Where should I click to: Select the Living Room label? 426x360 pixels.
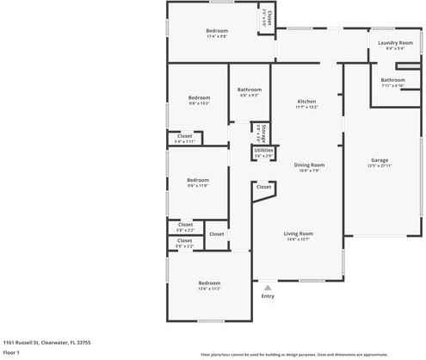coord(299,233)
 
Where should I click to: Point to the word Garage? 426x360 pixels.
coord(379,160)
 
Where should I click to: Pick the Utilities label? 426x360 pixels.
coord(263,151)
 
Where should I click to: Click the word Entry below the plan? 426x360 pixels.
coord(268,296)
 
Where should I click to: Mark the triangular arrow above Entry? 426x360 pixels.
coord(268,288)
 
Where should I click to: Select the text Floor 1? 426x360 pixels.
coord(12,352)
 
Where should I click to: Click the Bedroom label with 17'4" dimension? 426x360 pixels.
coord(216,31)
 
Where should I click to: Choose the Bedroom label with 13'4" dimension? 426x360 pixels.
coord(210,282)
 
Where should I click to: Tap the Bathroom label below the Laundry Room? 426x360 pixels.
coord(392,80)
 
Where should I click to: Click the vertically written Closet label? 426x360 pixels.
coord(269,16)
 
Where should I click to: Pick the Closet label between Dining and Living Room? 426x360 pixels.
coord(263,186)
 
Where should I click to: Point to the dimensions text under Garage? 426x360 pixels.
coord(379,165)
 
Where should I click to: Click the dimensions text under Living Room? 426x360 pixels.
coord(299,239)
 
